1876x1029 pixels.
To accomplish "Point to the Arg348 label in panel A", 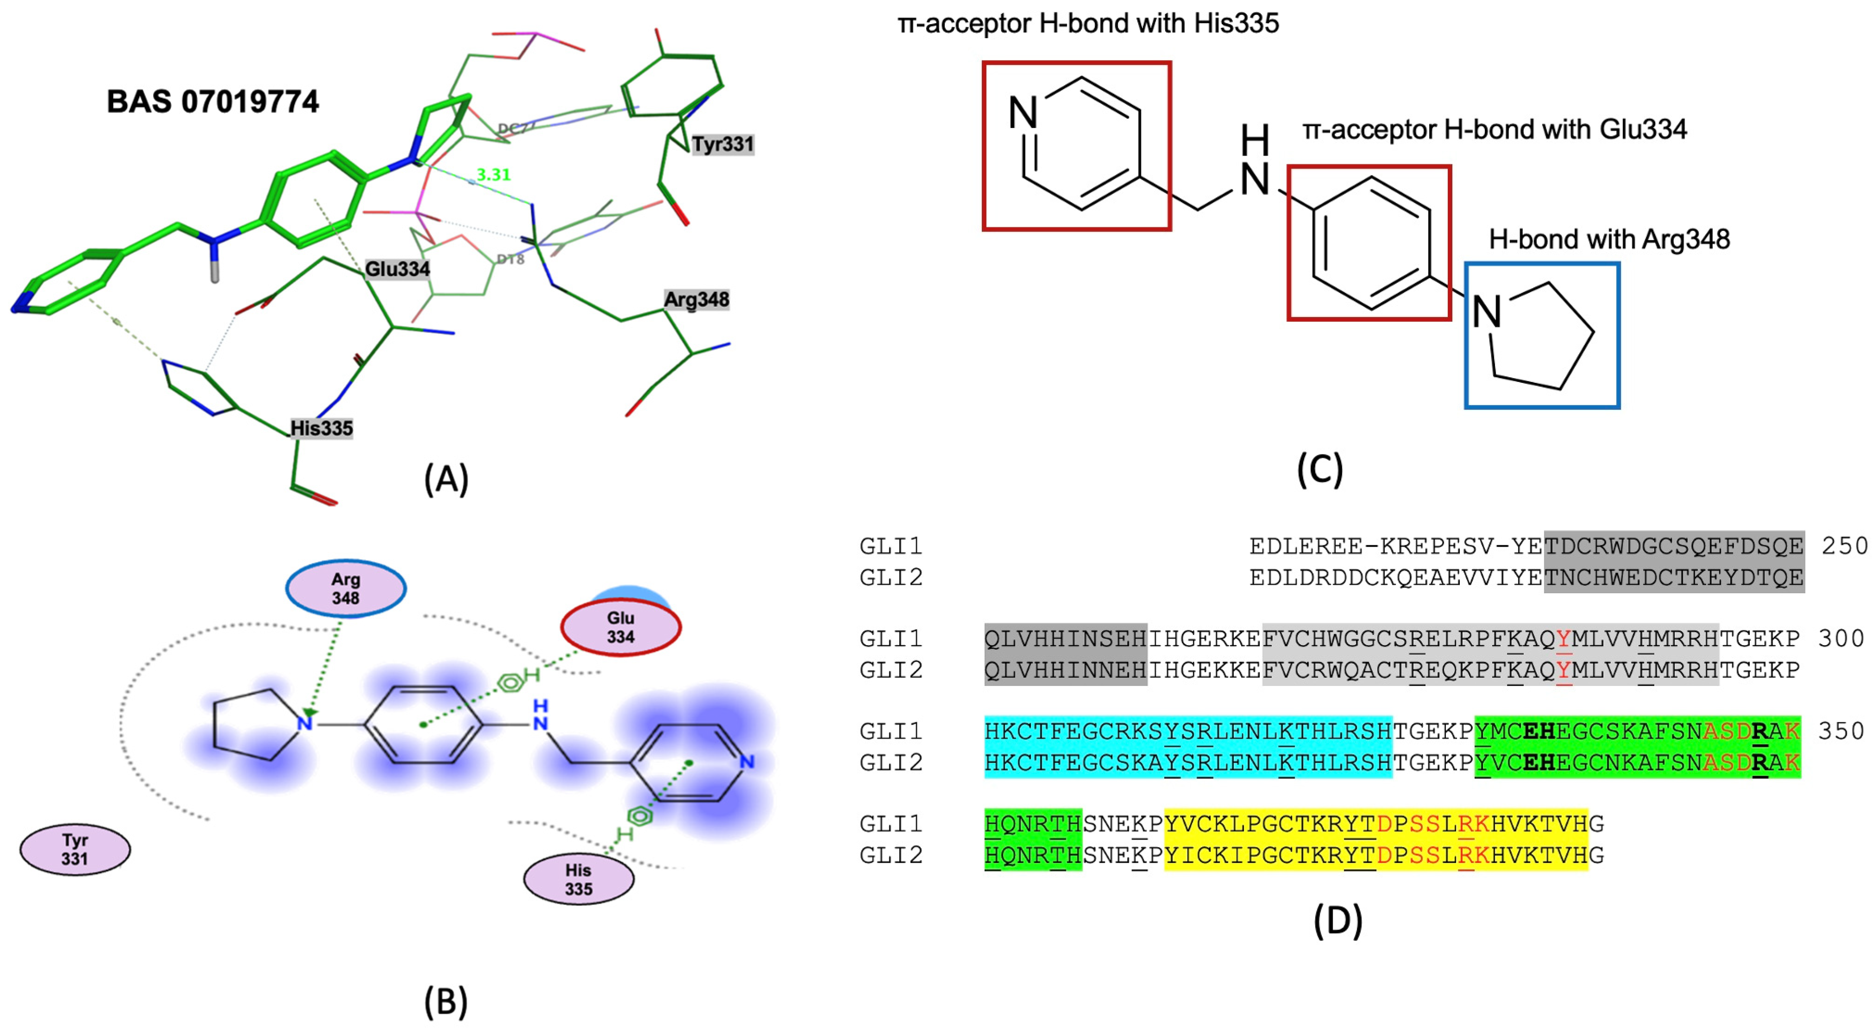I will click(696, 299).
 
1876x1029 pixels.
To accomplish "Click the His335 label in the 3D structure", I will click(321, 428).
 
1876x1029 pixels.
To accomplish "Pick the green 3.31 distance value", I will click(493, 175).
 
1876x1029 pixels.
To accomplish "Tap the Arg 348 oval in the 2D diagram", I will click(346, 589).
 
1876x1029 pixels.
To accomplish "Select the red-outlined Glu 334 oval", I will click(620, 627).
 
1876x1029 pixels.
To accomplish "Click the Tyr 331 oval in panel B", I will click(75, 849).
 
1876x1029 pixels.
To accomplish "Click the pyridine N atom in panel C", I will click(1023, 113).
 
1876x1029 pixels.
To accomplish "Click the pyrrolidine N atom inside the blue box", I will click(1486, 312).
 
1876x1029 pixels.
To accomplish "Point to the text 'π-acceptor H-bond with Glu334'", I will click(1495, 129).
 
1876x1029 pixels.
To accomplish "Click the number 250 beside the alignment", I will click(1844, 545).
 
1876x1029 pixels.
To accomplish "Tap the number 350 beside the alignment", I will click(1840, 731).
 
